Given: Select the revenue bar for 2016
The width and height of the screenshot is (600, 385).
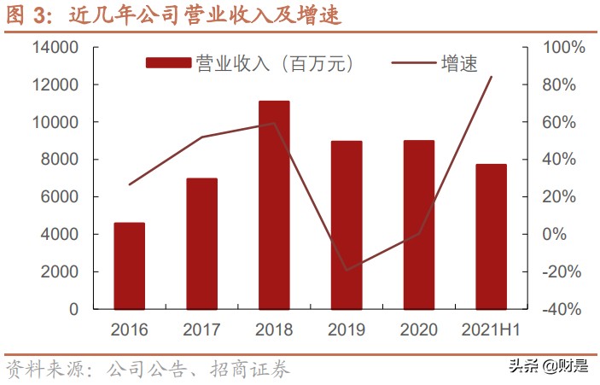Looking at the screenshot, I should (130, 265).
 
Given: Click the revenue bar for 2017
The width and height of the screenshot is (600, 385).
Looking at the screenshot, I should (202, 243).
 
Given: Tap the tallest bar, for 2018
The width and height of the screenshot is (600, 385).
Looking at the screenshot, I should (275, 205).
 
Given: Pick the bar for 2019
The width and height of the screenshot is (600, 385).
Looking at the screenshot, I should (347, 225).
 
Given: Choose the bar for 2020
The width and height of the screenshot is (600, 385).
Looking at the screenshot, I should (419, 225).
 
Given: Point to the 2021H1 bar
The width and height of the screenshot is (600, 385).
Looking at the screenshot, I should (492, 236).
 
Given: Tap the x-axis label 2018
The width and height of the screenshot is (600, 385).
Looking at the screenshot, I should (274, 330).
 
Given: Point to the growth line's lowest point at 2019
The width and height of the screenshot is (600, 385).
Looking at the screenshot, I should (347, 271).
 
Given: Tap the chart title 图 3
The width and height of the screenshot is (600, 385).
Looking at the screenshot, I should (24, 15).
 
